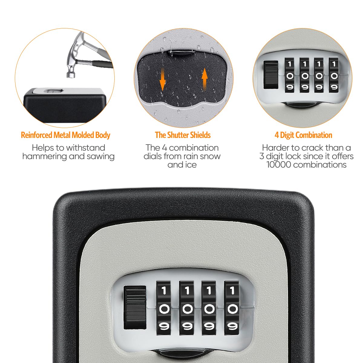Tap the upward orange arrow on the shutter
pos(205,77)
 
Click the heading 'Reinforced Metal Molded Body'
pos(65,135)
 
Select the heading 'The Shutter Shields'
pos(183,135)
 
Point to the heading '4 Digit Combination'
pos(303,135)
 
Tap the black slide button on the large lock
pos(135,308)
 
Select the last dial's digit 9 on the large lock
pos(232,326)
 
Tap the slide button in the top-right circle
pos(271,75)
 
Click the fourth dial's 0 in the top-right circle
pos(334,76)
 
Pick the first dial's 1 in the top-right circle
pos(290,64)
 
